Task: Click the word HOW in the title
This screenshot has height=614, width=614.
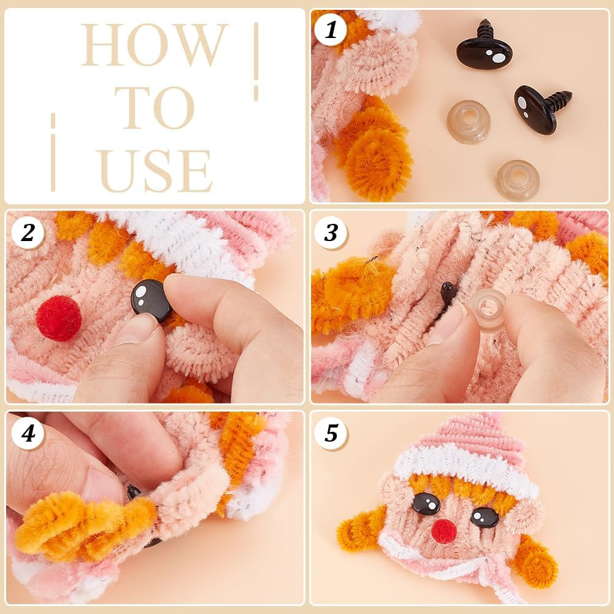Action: [x=154, y=45]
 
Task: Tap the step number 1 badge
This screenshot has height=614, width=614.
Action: [x=331, y=29]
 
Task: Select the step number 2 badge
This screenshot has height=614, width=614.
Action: [x=27, y=232]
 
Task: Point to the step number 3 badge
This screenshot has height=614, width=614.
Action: [x=331, y=232]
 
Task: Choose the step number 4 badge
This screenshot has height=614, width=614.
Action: [x=27, y=433]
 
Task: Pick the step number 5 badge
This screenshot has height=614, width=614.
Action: [x=331, y=433]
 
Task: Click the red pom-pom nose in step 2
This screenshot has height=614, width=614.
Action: [x=58, y=318]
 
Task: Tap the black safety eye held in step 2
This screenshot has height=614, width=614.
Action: [x=150, y=301]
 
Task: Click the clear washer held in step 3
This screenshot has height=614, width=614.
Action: [x=488, y=310]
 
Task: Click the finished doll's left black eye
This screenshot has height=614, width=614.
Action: [x=426, y=504]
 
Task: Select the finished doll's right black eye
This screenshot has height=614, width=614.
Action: [x=485, y=517]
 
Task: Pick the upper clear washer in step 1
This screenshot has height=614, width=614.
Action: [x=468, y=121]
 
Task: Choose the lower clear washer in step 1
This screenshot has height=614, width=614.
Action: [x=517, y=180]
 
